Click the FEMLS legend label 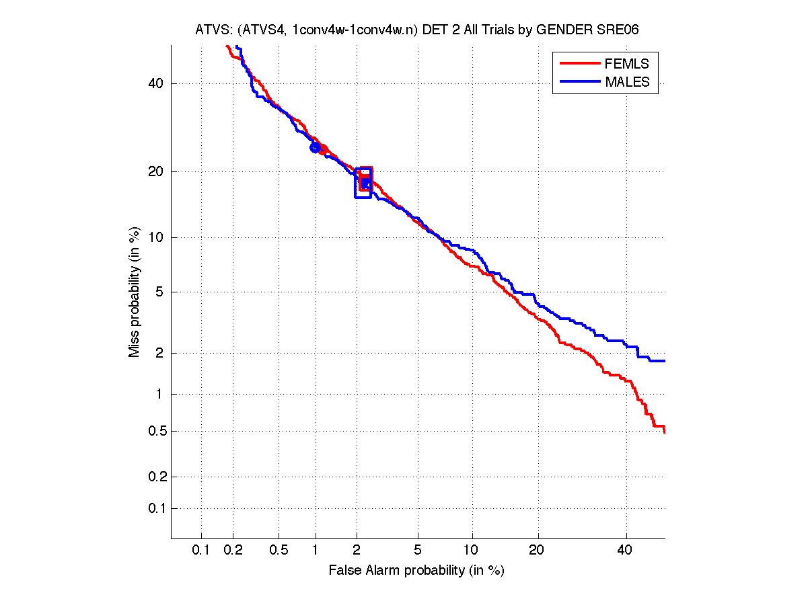point(627,64)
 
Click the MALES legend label point(627,82)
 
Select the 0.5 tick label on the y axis point(156,431)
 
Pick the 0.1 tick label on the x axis point(201,551)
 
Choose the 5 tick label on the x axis point(418,551)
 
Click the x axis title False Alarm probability point(416,571)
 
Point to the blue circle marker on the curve point(315,147)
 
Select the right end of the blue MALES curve point(664,361)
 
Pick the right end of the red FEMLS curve point(664,432)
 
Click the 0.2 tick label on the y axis point(156,477)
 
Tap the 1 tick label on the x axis point(316,551)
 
